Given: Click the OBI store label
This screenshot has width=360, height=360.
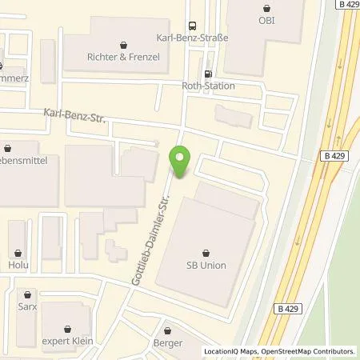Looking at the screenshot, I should click(x=266, y=20).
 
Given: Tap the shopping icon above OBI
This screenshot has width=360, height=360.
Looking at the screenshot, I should click(x=266, y=7).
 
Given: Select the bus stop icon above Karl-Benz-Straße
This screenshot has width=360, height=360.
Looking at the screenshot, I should click(x=191, y=25).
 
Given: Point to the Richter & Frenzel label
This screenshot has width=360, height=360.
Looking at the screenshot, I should click(x=122, y=57).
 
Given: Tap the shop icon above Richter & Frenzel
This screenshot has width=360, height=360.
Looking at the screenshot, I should click(x=122, y=44).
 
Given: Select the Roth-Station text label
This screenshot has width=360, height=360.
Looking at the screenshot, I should click(x=208, y=86).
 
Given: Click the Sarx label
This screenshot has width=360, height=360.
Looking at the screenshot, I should click(x=28, y=306).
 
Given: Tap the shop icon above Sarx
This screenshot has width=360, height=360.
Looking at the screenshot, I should click(x=28, y=294).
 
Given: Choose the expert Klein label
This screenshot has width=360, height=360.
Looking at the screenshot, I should click(x=68, y=341).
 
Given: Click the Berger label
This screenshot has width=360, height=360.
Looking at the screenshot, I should click(x=169, y=343).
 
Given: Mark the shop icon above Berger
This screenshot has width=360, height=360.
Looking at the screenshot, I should click(x=168, y=330).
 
